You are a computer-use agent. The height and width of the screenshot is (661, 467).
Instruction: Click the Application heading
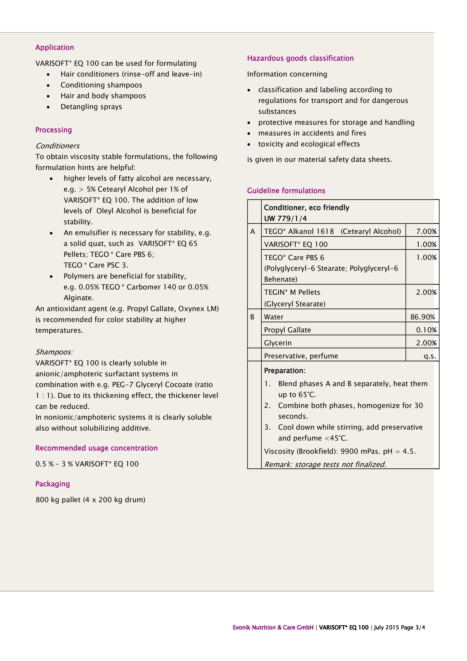pos(54,47)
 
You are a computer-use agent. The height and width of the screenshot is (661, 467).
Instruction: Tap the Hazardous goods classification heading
pos(300,58)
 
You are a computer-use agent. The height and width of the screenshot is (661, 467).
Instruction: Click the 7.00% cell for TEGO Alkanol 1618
pos(426,231)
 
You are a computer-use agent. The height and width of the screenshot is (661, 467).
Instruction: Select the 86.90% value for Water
pos(422,317)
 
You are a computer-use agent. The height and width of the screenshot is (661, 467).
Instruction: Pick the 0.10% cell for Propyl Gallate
pos(426,330)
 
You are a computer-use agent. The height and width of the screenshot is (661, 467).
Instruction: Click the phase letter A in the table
pos(253,231)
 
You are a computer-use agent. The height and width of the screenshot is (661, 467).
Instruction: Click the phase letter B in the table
pos(252,317)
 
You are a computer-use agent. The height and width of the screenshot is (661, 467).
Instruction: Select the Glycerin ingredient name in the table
pos(278,343)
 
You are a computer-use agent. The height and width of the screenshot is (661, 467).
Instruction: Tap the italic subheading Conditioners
pos(57,146)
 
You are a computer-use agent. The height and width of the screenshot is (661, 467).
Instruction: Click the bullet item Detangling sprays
pos(91,107)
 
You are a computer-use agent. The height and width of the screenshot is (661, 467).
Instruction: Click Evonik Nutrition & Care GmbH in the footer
pos(273,628)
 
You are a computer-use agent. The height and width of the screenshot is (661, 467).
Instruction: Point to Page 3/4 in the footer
pos(413,628)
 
